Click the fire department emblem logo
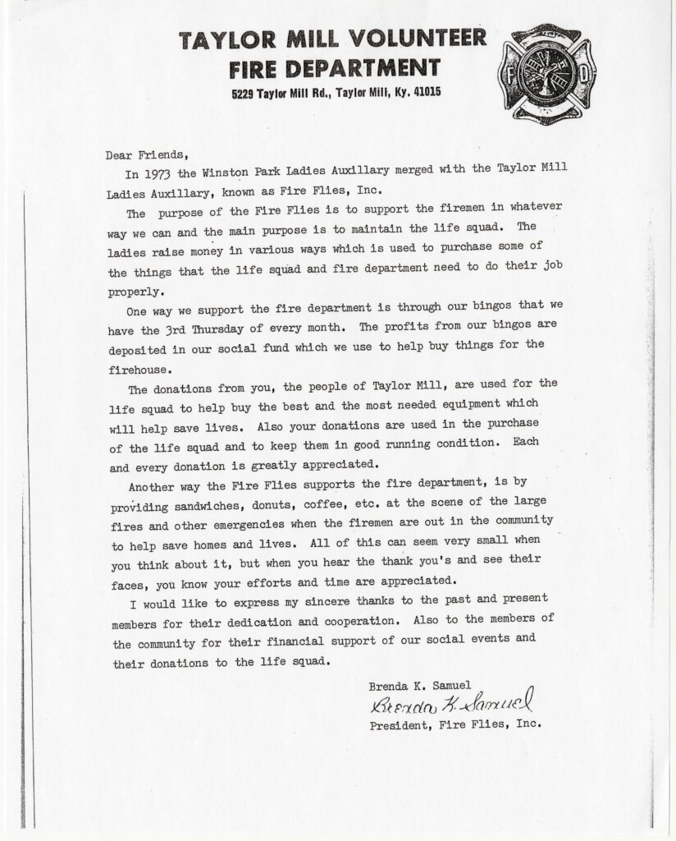542,75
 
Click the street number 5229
244,93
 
